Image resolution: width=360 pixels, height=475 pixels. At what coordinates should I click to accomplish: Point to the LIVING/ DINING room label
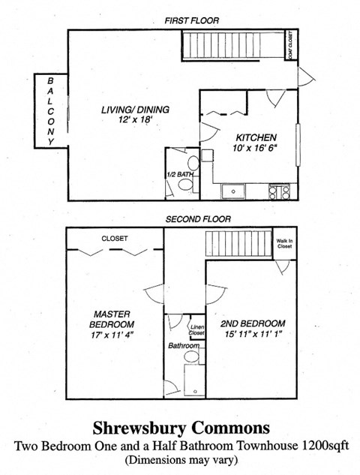point(136,110)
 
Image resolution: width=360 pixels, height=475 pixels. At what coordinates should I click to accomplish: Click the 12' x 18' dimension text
point(135,121)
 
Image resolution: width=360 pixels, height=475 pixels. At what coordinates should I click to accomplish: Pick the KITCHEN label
point(256,137)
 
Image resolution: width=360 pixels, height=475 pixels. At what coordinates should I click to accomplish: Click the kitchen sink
point(233,191)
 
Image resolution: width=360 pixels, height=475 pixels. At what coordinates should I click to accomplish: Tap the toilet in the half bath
point(192,163)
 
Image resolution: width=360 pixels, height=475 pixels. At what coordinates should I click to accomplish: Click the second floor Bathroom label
point(184,347)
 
